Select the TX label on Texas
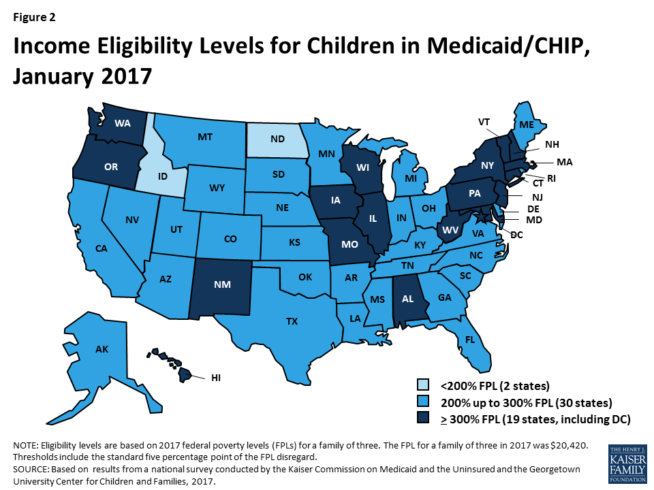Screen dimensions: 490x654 pos(291,321)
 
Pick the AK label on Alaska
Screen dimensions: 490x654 pos(102,349)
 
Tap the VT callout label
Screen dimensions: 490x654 pos(484,122)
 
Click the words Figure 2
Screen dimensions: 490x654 pos(35,15)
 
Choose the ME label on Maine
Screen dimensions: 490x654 pos(526,125)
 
